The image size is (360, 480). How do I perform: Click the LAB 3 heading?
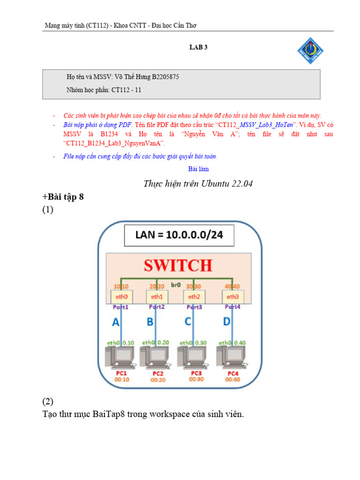(198, 47)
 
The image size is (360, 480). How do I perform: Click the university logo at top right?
(311, 51)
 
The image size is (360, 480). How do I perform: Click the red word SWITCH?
(178, 266)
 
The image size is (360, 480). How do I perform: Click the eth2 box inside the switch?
(194, 296)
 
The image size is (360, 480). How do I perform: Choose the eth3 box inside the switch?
(233, 296)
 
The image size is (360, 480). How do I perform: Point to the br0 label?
(175, 285)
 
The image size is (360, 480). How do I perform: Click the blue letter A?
(115, 322)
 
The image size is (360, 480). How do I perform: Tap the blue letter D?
(226, 322)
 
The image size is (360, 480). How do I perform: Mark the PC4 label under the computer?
(232, 373)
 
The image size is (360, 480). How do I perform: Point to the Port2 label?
(157, 307)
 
